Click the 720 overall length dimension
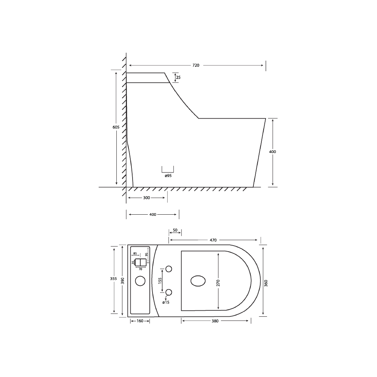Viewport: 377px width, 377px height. [x=196, y=66]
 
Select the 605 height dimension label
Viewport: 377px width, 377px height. [x=116, y=128]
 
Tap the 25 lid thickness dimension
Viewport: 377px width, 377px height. [x=179, y=78]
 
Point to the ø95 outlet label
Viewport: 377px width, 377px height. [x=168, y=176]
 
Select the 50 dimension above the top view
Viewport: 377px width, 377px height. [x=175, y=230]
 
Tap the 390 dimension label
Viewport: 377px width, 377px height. [x=122, y=281]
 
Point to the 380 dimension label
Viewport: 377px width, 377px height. [x=215, y=321]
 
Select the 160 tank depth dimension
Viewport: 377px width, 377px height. [x=140, y=321]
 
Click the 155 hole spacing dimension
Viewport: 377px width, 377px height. [x=160, y=281]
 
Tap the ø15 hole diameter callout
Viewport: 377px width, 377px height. [x=166, y=302]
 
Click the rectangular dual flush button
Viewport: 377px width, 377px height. [x=141, y=263]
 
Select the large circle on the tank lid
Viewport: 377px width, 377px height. [x=140, y=281]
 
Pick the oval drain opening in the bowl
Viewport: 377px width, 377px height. [x=198, y=281]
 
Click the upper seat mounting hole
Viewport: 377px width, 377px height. [x=169, y=269]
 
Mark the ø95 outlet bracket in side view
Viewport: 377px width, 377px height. [x=168, y=169]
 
